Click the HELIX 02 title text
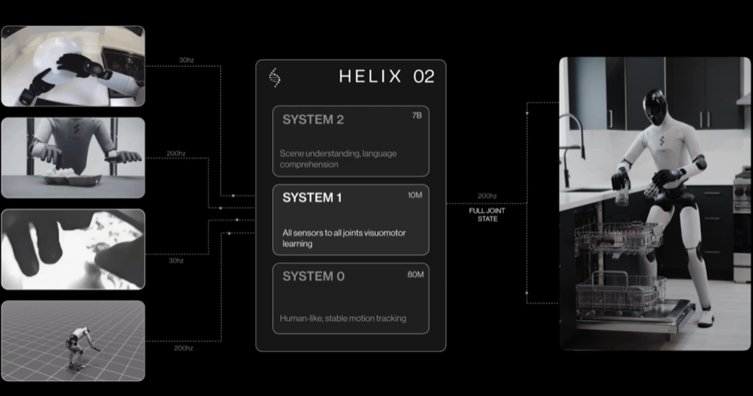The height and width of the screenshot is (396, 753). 386,77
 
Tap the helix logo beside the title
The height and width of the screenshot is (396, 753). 275,77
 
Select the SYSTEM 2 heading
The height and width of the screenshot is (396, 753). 313,120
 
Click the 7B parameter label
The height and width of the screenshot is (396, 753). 417,116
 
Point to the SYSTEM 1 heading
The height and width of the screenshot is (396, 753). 313,198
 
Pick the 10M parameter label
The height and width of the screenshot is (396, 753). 414,194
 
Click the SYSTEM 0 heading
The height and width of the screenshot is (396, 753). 313,276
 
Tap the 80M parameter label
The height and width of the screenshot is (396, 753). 414,274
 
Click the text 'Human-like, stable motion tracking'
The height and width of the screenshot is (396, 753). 343,318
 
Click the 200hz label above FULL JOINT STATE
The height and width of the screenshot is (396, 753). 487,196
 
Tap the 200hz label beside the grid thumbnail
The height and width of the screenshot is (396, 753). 183,347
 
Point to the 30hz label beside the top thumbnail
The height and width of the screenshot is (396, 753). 186,61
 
